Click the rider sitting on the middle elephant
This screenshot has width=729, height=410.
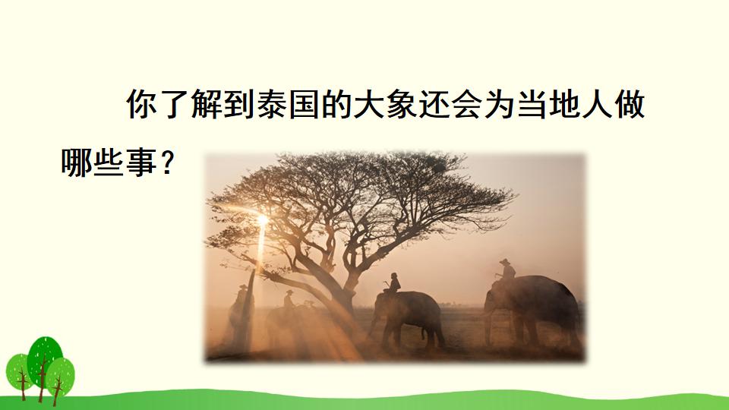click(393, 284)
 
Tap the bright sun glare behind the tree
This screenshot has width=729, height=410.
click(262, 220)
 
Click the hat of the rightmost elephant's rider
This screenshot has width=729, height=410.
click(505, 261)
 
